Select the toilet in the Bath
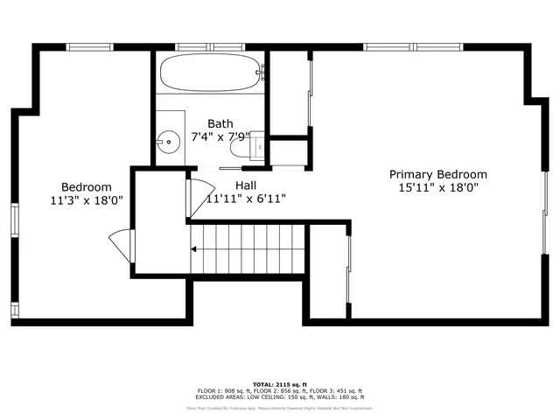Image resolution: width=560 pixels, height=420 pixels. pos(256,145)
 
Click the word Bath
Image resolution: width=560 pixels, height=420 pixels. pos(220,123)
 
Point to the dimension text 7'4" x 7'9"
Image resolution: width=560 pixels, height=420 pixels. pos(220,136)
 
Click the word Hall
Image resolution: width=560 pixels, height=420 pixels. pos(246,185)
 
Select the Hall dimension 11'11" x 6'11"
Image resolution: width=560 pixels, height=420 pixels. pos(246,199)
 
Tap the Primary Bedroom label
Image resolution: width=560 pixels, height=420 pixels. pos(438,174)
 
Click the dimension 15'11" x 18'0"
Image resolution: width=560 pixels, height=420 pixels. pos(438,187)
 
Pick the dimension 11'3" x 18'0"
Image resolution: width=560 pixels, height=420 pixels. pos(86,199)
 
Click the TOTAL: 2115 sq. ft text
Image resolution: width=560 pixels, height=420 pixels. pos(279,384)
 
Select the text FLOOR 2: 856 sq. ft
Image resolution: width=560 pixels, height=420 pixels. pos(279,390)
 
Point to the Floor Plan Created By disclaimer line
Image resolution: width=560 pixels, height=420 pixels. pos(279,408)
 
